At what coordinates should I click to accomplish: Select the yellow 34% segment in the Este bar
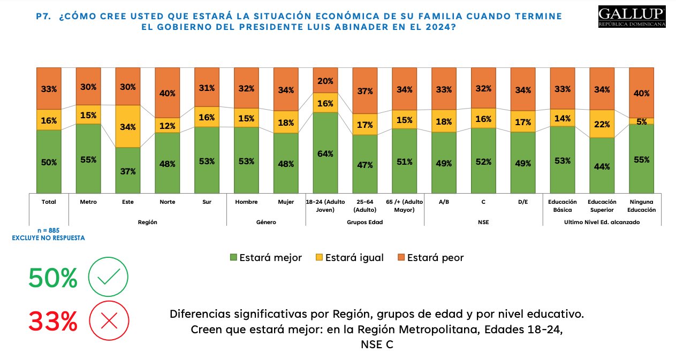[127, 127]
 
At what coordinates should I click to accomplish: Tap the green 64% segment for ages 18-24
[325, 153]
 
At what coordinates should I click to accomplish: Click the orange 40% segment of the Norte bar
[167, 93]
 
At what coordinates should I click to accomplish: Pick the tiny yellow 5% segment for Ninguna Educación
[641, 121]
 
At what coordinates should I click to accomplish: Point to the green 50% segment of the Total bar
[49, 162]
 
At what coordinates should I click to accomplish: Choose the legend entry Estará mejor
[265, 257]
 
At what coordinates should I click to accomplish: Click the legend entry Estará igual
[348, 257]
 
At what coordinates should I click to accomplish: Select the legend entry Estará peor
[430, 257]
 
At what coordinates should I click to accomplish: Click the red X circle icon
[109, 321]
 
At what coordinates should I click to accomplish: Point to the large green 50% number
[53, 278]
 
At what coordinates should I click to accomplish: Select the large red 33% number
[53, 321]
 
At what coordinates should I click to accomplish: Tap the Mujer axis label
[286, 202]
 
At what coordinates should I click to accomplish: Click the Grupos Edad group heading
[364, 221]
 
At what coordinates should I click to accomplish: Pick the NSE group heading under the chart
[483, 221]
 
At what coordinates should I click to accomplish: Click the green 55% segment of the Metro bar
[88, 159]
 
